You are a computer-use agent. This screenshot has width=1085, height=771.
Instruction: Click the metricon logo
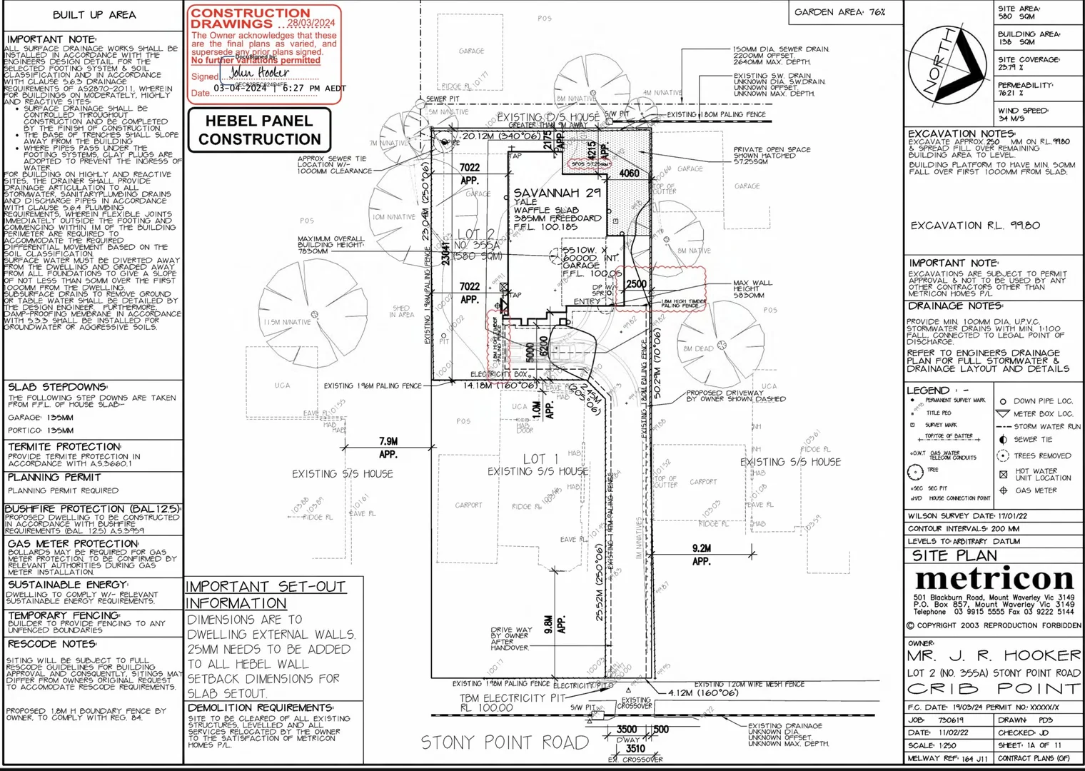994,579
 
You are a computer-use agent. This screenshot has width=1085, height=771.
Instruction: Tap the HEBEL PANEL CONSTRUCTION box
260,130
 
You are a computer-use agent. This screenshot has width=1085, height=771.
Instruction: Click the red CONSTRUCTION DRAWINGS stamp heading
251,18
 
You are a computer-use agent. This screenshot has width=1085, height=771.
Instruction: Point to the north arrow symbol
951,64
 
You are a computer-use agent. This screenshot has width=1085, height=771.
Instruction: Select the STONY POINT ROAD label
505,743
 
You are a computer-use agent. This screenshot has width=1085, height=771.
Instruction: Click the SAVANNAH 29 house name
557,193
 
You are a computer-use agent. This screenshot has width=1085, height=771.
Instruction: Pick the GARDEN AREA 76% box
839,12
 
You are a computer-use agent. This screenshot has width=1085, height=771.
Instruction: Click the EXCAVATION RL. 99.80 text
975,226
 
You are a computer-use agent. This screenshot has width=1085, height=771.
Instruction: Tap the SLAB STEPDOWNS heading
57,387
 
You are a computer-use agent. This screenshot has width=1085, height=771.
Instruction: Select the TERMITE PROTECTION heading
64,447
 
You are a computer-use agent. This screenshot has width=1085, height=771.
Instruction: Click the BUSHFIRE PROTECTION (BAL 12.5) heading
92,509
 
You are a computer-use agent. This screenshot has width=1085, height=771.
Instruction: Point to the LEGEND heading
928,390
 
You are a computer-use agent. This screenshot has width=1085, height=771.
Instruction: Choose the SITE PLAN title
954,555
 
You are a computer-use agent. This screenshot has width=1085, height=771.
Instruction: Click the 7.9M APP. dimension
388,448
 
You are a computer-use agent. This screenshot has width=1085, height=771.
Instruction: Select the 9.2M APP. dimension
702,555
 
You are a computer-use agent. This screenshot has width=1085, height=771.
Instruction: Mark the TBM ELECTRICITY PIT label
512,697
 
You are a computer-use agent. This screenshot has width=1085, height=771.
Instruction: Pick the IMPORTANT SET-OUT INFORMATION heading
266,595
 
